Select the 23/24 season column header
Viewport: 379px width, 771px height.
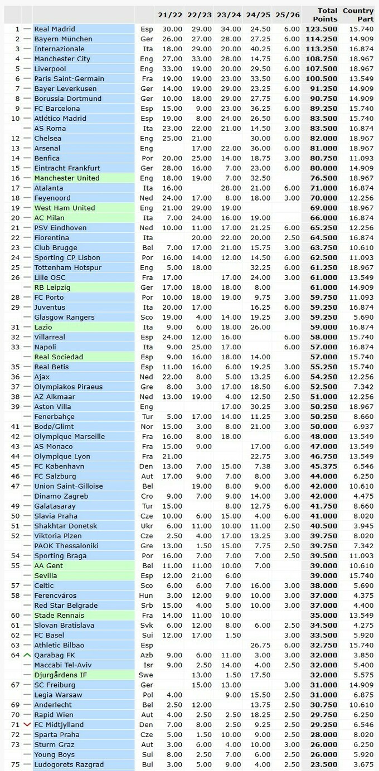(x=229, y=15)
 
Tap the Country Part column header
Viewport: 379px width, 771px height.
(x=358, y=14)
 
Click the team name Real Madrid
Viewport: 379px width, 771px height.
(x=55, y=29)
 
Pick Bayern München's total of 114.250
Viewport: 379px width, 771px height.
(x=322, y=39)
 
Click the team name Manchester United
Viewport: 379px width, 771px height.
(x=66, y=178)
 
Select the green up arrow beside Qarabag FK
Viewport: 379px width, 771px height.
(x=27, y=655)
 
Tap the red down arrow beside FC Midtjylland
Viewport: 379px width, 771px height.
(x=27, y=724)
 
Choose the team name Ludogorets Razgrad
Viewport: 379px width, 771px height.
(x=69, y=764)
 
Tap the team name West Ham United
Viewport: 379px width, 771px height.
(x=64, y=208)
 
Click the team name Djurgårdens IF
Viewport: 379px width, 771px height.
(x=60, y=675)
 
